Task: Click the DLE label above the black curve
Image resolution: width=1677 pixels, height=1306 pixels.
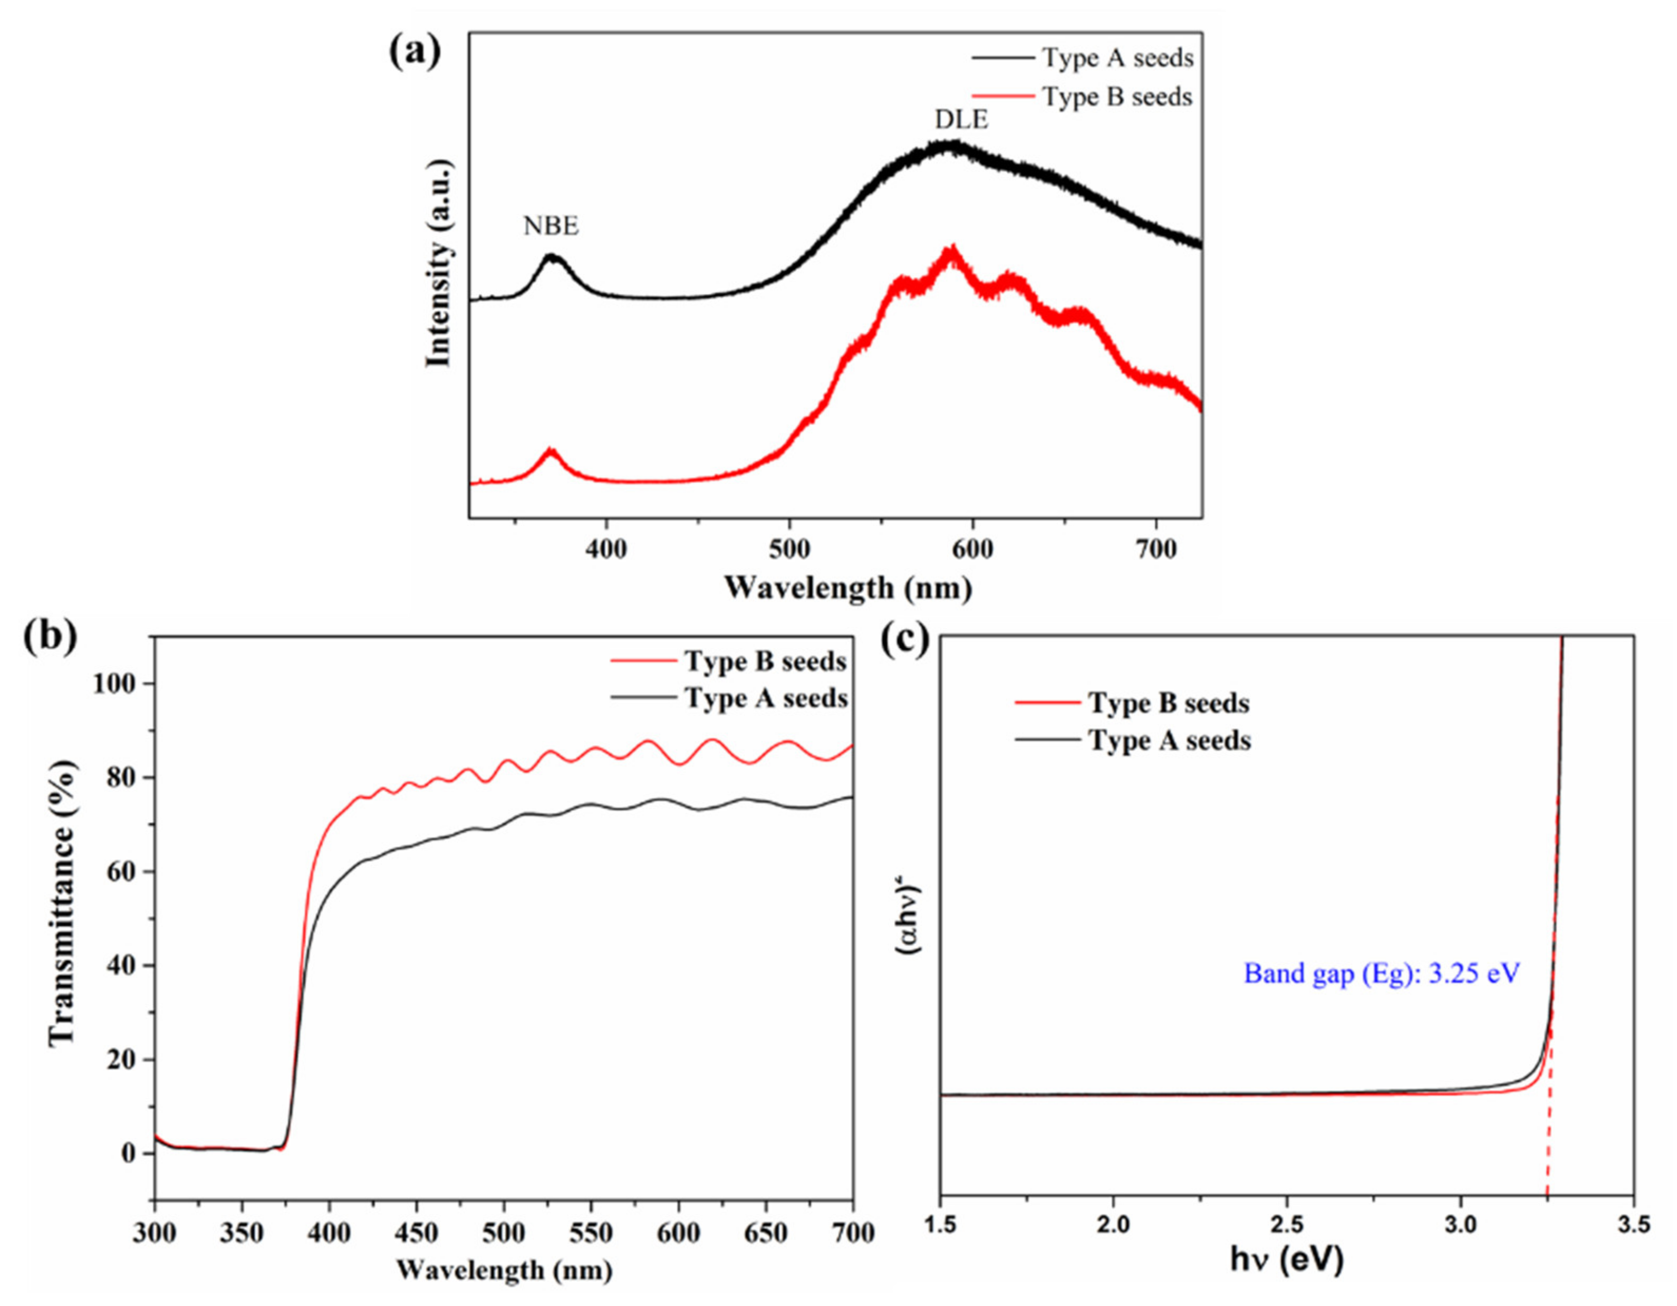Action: tap(961, 120)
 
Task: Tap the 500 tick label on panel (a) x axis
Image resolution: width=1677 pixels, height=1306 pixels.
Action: tap(789, 550)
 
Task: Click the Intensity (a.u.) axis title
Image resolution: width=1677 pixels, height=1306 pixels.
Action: tap(440, 264)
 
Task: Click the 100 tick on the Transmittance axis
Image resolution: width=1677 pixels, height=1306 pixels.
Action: tap(113, 684)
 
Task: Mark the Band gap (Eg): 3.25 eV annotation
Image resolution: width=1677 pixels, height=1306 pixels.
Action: tap(1381, 974)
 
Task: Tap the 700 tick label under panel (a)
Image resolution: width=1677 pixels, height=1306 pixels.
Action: tap(1155, 550)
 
